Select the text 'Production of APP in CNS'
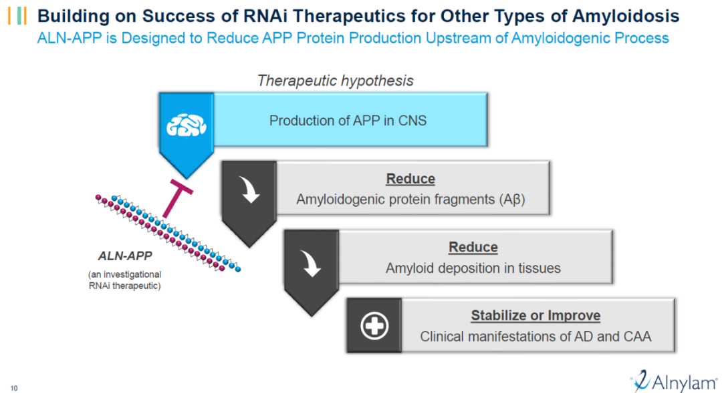(x=348, y=121)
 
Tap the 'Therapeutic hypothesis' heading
(x=336, y=81)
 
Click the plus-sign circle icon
(x=374, y=326)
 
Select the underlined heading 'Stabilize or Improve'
(x=535, y=316)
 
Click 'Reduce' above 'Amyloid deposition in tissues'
(x=473, y=247)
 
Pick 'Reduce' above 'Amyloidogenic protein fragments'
(x=410, y=179)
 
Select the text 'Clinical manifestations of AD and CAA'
(x=535, y=337)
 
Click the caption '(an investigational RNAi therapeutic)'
(x=124, y=280)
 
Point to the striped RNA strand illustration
(x=167, y=230)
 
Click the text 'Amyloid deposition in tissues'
(x=473, y=268)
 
